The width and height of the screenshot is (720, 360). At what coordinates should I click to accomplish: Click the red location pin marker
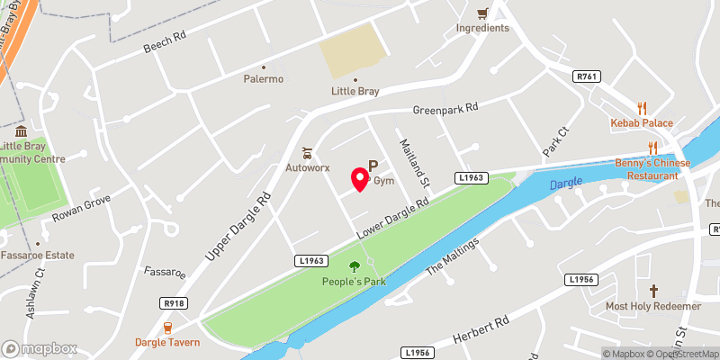(359, 178)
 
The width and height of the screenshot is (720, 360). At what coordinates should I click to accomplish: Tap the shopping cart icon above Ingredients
(482, 13)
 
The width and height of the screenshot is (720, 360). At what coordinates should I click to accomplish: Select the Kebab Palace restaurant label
(642, 122)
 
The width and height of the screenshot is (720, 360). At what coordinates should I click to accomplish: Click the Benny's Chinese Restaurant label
(652, 168)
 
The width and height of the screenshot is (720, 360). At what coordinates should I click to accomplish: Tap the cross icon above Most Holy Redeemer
(653, 291)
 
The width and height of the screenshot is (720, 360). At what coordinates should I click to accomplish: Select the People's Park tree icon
(354, 265)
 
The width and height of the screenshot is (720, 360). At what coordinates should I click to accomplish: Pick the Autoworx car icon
(307, 153)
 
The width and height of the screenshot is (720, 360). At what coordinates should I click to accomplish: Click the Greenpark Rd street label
(445, 110)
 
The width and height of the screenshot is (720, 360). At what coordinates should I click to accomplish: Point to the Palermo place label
(264, 78)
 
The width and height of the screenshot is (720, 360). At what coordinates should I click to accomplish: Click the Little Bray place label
(354, 92)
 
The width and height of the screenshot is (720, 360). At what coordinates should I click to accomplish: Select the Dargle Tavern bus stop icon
(166, 328)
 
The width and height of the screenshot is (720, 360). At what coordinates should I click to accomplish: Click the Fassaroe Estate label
(38, 256)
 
